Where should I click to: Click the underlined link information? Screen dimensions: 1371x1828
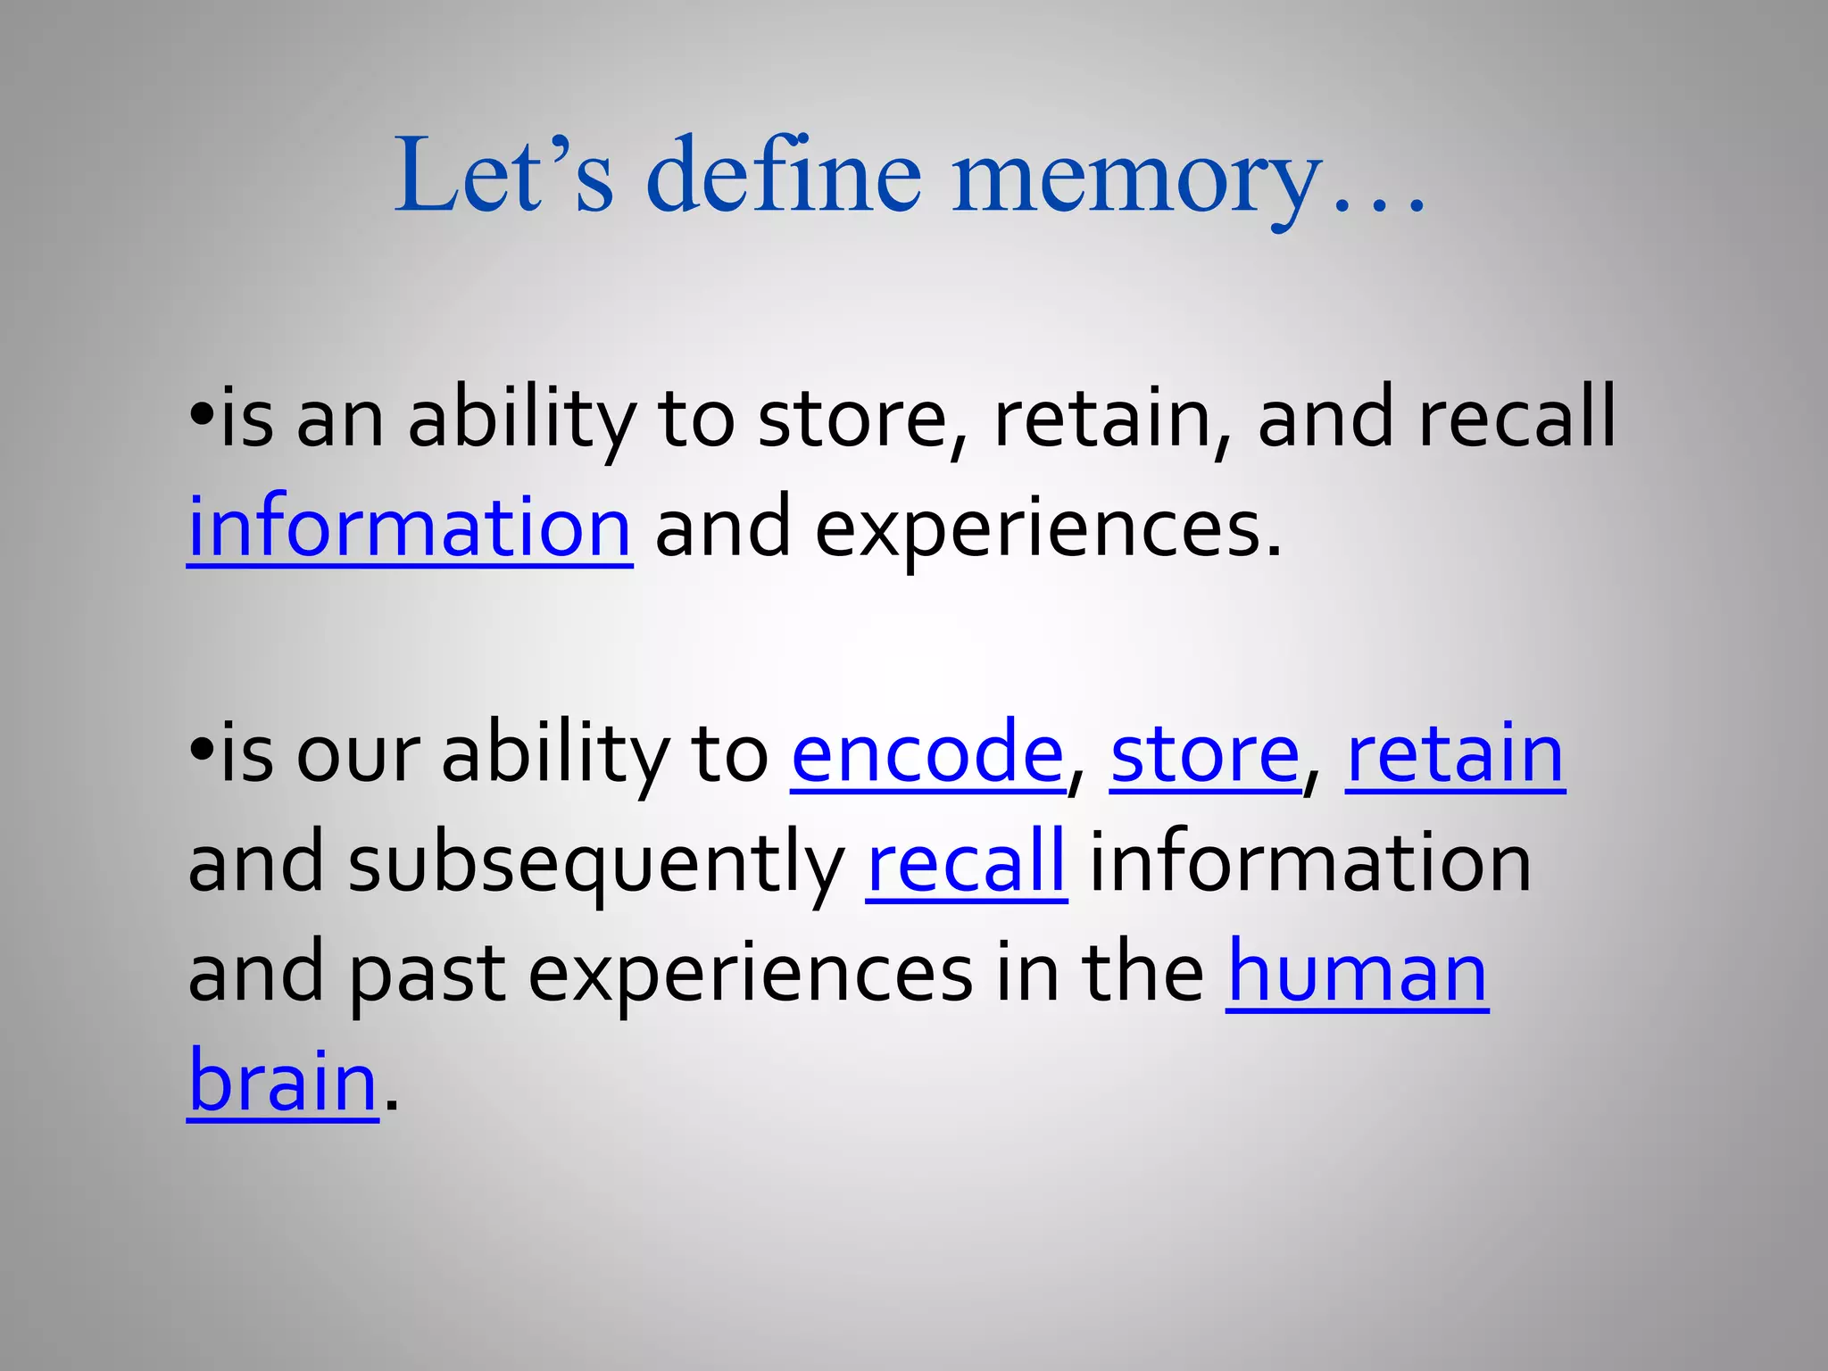[410, 528]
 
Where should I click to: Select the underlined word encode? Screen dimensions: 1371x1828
[927, 754]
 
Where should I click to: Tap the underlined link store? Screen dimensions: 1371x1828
[1205, 754]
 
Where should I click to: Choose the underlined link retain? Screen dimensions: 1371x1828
[1455, 754]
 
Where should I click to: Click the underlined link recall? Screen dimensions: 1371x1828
[967, 863]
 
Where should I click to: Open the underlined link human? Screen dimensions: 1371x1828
[1357, 973]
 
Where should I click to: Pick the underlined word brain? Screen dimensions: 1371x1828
[283, 1082]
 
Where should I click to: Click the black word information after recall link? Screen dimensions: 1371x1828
[1310, 863]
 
